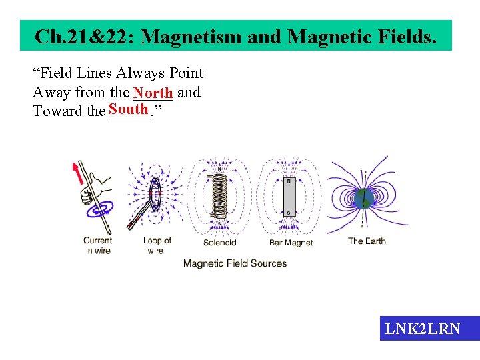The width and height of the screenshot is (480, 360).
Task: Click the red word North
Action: point(153,93)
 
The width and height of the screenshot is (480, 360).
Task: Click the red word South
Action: point(129,109)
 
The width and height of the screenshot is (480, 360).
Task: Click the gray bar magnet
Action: point(289,197)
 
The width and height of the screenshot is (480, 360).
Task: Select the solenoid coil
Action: point(219,197)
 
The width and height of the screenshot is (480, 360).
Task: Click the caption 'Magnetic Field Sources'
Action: point(235,263)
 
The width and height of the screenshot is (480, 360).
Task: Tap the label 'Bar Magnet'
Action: point(291,243)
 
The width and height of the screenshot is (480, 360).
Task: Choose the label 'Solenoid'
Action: point(220,243)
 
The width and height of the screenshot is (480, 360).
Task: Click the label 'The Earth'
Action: point(367,241)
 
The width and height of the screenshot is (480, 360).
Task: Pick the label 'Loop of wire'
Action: point(157,245)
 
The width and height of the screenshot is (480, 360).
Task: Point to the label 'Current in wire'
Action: point(98,245)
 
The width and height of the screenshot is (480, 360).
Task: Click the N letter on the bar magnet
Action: point(289,181)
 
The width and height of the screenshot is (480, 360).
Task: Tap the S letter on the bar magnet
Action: point(289,213)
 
